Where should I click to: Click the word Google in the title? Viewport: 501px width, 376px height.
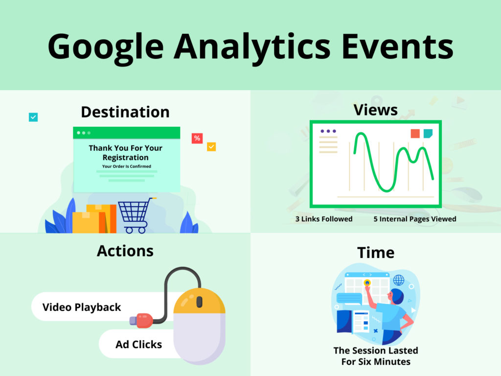click(105, 46)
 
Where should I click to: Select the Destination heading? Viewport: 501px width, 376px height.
click(125, 112)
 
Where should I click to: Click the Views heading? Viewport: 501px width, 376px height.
click(375, 110)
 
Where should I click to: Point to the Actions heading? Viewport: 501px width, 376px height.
click(125, 251)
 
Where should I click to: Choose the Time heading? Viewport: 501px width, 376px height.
click(375, 253)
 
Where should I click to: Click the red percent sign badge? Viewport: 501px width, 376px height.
click(197, 138)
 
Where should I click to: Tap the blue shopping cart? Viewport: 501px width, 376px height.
click(134, 214)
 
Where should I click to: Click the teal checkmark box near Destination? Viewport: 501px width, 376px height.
click(33, 117)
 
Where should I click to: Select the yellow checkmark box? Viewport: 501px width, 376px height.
click(211, 146)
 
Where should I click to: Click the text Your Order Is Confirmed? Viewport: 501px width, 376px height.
click(126, 166)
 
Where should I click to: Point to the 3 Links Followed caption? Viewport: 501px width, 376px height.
click(323, 219)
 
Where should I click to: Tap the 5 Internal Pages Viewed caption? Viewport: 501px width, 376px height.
click(414, 219)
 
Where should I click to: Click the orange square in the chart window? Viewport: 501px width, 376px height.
click(415, 134)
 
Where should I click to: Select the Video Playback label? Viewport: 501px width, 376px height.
click(82, 307)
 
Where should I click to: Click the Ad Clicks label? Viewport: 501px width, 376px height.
click(138, 344)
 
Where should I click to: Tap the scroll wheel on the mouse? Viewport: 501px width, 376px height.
click(199, 302)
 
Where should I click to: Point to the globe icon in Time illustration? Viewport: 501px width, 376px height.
click(399, 280)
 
